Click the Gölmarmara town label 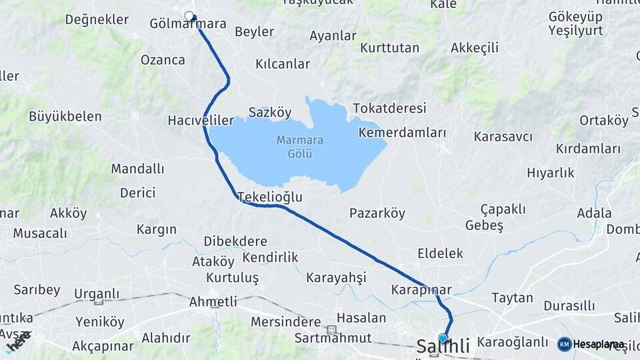pos(188,24)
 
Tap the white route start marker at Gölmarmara pos(189,15)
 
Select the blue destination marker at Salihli pos(443,338)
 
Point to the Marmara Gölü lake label pos(291,147)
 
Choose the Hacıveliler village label pos(201,120)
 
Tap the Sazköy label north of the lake pos(269,112)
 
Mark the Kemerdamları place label pos(402,132)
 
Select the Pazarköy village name pos(377,213)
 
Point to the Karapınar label pos(421,290)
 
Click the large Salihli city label pos(443,347)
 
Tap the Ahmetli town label pos(213,301)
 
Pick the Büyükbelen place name pos(65,116)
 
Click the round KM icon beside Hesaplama pos(564,344)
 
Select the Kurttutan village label pos(389,48)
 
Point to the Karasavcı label pos(503,137)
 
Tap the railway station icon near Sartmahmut pos(331,329)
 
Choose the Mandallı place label pos(137,169)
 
